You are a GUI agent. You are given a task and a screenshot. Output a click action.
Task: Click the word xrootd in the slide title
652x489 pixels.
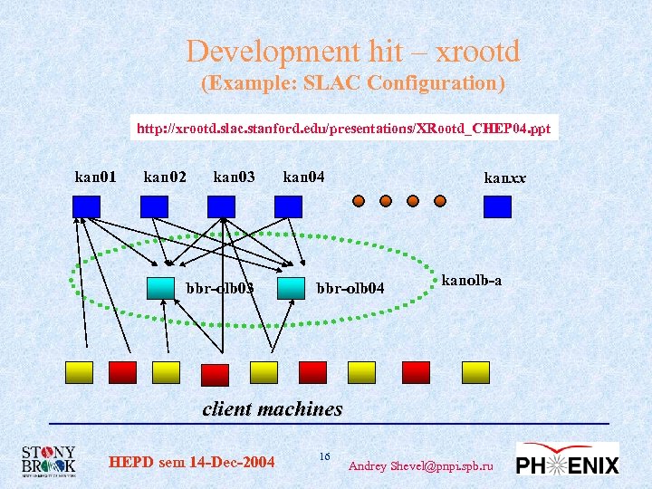click(477, 52)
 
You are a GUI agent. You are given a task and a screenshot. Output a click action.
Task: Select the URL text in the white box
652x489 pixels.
click(343, 129)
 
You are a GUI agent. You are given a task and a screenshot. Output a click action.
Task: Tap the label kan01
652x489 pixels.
click(95, 177)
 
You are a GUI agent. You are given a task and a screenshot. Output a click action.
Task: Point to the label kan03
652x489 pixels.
click(234, 177)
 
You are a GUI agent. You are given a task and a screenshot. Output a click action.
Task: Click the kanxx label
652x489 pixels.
click(504, 177)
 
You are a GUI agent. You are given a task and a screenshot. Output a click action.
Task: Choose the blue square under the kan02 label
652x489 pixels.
click(154, 206)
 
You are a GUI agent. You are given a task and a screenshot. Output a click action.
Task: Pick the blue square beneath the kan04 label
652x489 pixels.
click(288, 206)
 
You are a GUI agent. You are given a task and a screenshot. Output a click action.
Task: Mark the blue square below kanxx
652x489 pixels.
click(497, 207)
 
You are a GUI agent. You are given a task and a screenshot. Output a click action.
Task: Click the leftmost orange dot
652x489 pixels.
click(360, 201)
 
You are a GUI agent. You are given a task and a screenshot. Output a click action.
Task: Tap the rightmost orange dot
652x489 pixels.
click(440, 201)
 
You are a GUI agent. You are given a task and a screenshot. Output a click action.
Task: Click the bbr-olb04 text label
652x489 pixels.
click(350, 289)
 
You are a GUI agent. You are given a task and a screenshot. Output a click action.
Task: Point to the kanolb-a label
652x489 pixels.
click(471, 281)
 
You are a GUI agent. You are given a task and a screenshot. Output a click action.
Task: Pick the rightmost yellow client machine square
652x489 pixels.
click(475, 372)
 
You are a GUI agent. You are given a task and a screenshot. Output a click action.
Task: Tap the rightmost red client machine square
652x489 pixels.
click(416, 372)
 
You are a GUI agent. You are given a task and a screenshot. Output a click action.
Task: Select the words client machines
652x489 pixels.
click(273, 408)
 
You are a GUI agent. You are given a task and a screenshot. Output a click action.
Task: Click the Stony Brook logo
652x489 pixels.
click(50, 461)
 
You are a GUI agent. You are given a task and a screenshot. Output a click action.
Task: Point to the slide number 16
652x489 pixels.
click(324, 455)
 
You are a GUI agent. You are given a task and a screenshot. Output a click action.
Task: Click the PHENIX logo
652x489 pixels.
click(568, 461)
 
